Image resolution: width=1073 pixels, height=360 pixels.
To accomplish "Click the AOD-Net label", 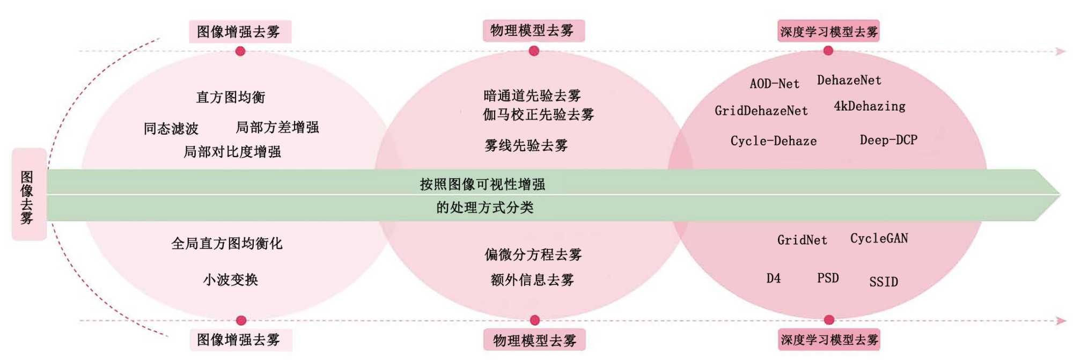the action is point(774,84).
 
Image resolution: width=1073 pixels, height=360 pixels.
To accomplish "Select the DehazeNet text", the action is point(849,80).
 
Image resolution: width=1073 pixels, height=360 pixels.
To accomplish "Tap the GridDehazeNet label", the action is point(761,111).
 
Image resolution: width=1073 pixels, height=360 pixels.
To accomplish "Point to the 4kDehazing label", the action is point(869,106).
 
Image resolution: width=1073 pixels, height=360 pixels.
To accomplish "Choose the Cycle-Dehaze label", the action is point(773,141).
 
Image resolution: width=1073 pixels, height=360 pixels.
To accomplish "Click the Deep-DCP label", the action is point(888,140).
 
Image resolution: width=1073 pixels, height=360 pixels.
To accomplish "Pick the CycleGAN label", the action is point(879,238).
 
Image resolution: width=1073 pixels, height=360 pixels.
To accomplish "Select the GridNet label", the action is point(802,240).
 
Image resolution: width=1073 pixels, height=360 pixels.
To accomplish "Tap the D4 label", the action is point(773,278).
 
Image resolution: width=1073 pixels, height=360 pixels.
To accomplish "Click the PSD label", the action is point(828,278).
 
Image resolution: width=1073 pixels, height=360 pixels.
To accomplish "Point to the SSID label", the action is point(883,282).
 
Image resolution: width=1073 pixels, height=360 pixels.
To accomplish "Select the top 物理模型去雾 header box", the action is point(533,31).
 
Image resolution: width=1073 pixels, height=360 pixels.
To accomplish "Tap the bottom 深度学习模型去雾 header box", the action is point(829,340).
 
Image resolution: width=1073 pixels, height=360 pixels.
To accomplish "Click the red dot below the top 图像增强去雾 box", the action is point(240,51).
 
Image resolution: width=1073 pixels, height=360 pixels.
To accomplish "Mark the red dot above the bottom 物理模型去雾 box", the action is point(534,320).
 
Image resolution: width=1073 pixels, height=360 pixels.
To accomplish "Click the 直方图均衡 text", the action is point(230,97).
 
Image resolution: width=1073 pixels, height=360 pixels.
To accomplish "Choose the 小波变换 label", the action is point(230,280).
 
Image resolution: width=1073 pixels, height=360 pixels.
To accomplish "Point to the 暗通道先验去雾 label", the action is point(532,95).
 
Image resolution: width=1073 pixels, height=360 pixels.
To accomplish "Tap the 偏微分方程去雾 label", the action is point(533,254).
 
